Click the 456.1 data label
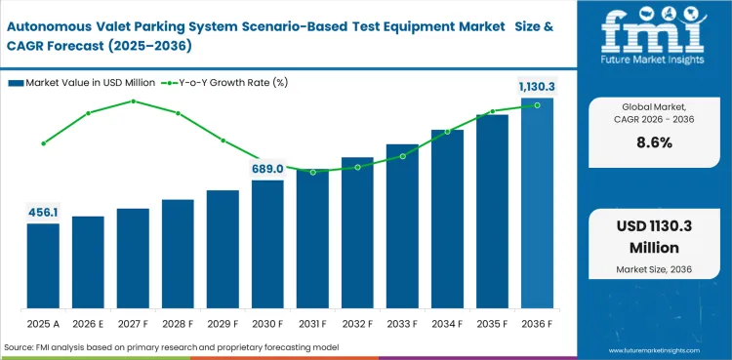tap(43, 212)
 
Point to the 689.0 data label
tap(267, 169)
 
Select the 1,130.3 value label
tap(537, 87)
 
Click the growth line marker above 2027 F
tap(133, 100)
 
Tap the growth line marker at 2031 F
tap(312, 172)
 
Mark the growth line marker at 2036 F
tap(537, 105)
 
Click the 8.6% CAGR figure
tap(655, 142)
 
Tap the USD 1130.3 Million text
tap(655, 237)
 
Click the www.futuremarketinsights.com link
tap(654, 347)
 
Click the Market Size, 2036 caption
tap(655, 268)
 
